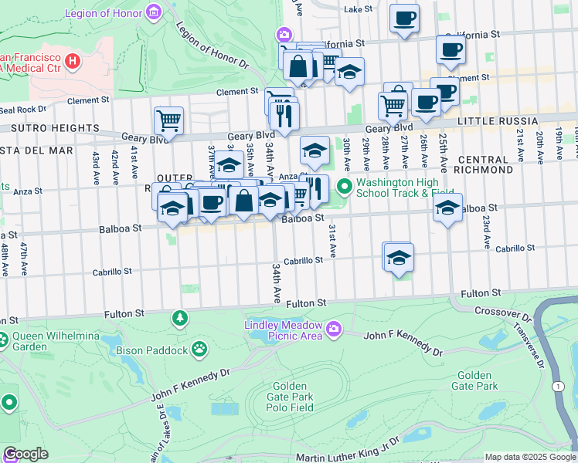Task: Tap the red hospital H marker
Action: pos(73,61)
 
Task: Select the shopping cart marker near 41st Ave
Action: pos(168,120)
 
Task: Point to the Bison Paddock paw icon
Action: pos(199,350)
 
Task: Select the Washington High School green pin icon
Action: pos(344,186)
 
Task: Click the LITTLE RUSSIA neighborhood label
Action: pos(498,122)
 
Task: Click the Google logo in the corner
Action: pos(25,454)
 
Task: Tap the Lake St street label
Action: pos(358,9)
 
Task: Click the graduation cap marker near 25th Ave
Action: pos(447,207)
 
